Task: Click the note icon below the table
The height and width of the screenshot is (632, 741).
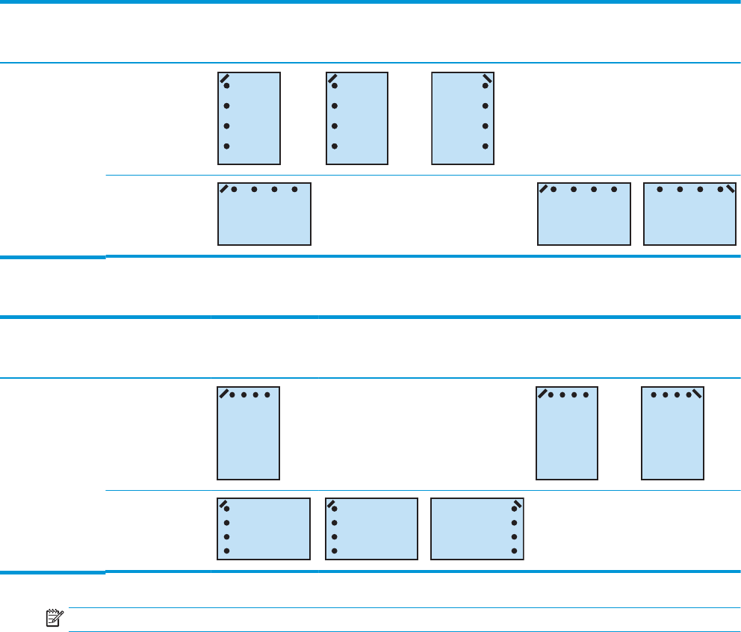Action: pos(52,616)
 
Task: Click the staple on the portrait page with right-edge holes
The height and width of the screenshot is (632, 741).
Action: pos(487,78)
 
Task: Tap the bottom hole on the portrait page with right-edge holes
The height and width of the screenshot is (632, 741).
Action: pos(485,146)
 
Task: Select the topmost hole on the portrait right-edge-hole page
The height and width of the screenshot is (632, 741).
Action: pos(485,86)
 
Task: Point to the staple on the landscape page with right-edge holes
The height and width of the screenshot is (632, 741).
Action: pos(517,503)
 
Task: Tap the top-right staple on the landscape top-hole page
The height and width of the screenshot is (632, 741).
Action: pos(730,187)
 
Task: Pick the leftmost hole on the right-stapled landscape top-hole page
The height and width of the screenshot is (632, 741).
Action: pos(660,190)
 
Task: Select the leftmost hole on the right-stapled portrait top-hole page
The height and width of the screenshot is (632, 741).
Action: pos(655,394)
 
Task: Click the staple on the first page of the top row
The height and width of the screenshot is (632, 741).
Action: pos(224,78)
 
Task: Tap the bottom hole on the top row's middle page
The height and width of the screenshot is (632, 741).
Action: pos(334,146)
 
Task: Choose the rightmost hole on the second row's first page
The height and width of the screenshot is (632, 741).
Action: pos(295,190)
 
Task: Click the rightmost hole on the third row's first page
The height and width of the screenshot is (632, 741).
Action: pos(266,394)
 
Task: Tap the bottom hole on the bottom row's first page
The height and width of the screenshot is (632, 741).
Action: pos(226,551)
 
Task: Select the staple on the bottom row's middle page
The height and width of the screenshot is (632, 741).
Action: pos(332,503)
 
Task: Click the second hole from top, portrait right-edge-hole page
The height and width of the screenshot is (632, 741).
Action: pos(485,106)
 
